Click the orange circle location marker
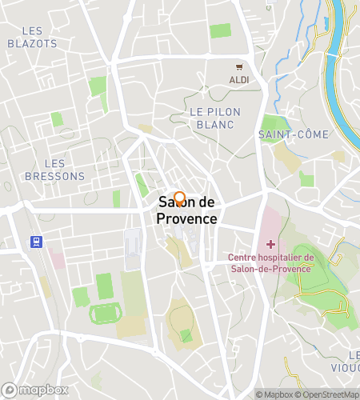(x=179, y=198)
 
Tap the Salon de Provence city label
(x=186, y=210)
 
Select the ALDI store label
(x=238, y=80)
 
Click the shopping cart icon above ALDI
(x=238, y=67)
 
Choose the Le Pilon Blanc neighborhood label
(x=212, y=118)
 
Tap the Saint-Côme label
(x=294, y=134)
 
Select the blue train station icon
(x=35, y=242)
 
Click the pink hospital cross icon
(x=271, y=244)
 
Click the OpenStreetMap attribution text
(x=328, y=394)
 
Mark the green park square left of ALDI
(x=220, y=31)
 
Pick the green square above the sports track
(x=105, y=286)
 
